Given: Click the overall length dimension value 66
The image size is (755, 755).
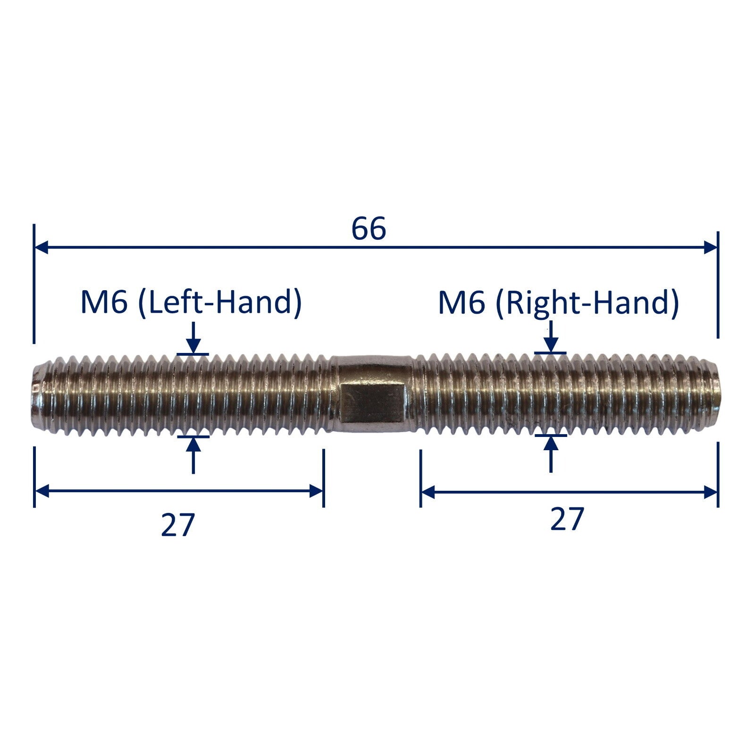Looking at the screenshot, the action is click(x=369, y=228).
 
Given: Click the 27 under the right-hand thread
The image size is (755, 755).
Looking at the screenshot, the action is click(x=567, y=519).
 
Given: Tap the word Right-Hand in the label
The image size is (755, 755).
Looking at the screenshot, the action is click(x=587, y=302).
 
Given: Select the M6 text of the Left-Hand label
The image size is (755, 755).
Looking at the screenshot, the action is click(x=104, y=302).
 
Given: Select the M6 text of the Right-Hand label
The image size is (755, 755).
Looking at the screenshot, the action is click(x=461, y=302).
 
